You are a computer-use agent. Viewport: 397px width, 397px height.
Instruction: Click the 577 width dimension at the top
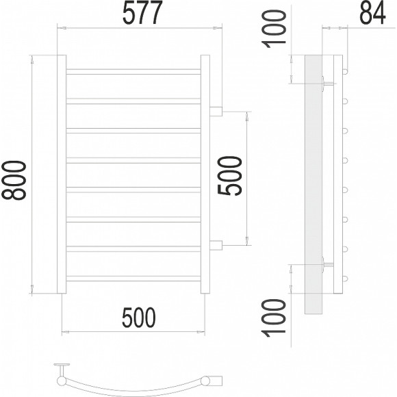[x=142, y=12]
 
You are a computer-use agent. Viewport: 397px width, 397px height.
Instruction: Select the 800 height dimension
[x=14, y=180]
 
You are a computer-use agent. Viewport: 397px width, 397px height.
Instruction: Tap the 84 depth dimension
[x=372, y=13]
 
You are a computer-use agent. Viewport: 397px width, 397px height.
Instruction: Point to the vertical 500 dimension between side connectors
[x=229, y=176]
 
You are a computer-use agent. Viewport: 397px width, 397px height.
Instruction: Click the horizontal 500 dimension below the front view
[x=139, y=318]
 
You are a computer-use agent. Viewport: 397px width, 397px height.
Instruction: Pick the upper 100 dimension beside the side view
[x=274, y=29]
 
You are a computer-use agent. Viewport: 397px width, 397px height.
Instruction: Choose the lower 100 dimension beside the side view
[x=274, y=318]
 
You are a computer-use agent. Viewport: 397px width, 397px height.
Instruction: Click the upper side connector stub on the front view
[x=216, y=112]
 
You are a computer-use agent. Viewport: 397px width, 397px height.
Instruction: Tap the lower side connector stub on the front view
[x=216, y=245]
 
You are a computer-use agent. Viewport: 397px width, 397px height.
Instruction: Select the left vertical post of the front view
[x=62, y=174]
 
